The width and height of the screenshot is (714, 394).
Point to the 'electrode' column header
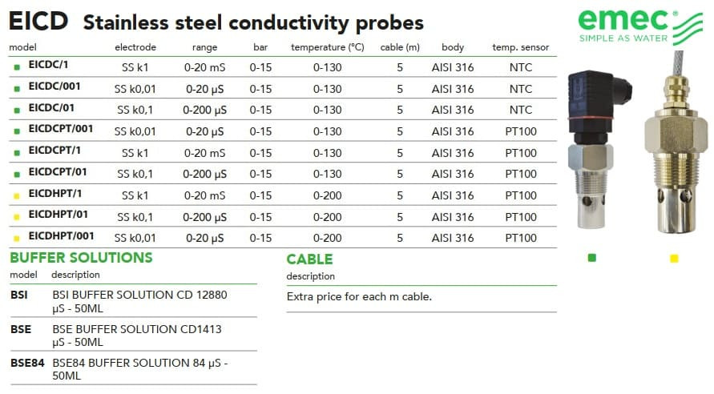click(x=135, y=47)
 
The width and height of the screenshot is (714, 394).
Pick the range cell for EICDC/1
click(x=204, y=67)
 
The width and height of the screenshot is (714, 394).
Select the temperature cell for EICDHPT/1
click(x=329, y=195)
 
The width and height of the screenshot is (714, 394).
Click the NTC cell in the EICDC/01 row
click(x=521, y=110)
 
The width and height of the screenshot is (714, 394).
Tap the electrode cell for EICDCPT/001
click(x=135, y=131)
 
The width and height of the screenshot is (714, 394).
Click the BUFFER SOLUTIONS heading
click(x=81, y=258)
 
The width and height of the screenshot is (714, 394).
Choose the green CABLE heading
click(x=309, y=259)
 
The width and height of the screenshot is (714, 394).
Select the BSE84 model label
click(x=27, y=362)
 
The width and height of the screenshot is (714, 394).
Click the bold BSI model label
click(x=19, y=295)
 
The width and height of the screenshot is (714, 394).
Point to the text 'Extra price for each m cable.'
click(x=359, y=297)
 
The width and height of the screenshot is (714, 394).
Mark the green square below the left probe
click(x=591, y=258)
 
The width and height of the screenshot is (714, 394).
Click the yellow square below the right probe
click(x=674, y=258)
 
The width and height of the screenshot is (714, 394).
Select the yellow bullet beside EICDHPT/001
click(x=17, y=237)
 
